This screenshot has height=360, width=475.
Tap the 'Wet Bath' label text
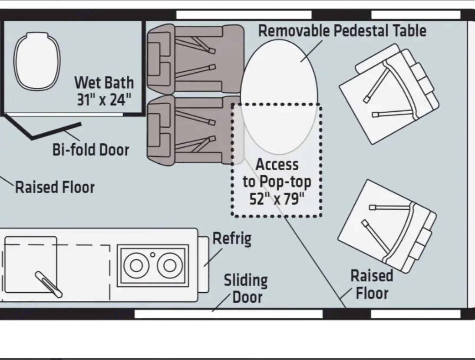[104, 83]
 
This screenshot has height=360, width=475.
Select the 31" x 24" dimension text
[104, 100]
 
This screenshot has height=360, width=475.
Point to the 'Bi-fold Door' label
[91, 150]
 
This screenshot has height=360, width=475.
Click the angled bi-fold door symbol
[48, 131]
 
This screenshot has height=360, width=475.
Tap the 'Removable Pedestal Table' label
[342, 31]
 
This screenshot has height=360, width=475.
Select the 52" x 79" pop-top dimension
[277, 199]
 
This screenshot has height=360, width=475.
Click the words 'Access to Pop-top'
[277, 173]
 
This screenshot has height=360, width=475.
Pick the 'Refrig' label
[232, 239]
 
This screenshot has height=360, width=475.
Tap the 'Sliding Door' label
[246, 289]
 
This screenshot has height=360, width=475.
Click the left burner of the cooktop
[136, 265]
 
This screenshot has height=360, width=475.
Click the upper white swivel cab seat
[389, 93]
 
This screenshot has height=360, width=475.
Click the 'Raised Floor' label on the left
[55, 188]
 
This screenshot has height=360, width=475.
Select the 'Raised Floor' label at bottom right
[372, 284]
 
